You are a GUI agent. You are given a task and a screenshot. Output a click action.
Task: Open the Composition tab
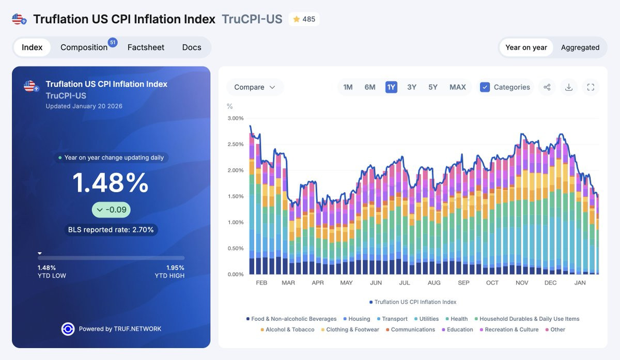(84, 48)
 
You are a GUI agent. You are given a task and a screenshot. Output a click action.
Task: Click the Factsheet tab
(146, 48)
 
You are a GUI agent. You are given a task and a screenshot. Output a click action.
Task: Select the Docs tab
(192, 48)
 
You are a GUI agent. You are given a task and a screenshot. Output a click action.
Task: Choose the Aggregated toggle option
(580, 48)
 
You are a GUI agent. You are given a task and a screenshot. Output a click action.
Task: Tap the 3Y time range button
(412, 87)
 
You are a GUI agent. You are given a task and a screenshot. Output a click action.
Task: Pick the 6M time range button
(370, 87)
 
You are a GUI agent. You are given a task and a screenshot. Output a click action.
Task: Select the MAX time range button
(458, 87)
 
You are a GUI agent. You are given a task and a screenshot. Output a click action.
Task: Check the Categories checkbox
(485, 87)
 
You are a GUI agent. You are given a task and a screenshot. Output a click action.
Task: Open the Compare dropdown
(255, 87)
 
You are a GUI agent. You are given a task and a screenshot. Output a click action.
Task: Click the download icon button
(568, 87)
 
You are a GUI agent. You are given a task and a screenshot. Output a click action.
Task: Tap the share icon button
(547, 87)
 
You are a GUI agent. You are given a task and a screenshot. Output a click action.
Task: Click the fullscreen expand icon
(591, 87)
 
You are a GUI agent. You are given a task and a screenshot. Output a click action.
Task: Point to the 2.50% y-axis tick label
(236, 144)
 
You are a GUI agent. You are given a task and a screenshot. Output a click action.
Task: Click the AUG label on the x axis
(433, 283)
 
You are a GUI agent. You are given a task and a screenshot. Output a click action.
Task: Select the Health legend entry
(457, 319)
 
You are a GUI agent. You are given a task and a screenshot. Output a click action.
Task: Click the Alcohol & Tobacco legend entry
(288, 330)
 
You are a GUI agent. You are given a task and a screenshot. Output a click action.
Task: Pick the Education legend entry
(458, 330)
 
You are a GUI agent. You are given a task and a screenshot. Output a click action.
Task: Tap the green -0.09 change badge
(111, 210)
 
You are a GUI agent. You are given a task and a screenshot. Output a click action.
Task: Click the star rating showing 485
(304, 19)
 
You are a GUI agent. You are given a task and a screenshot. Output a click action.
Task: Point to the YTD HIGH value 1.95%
(175, 268)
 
